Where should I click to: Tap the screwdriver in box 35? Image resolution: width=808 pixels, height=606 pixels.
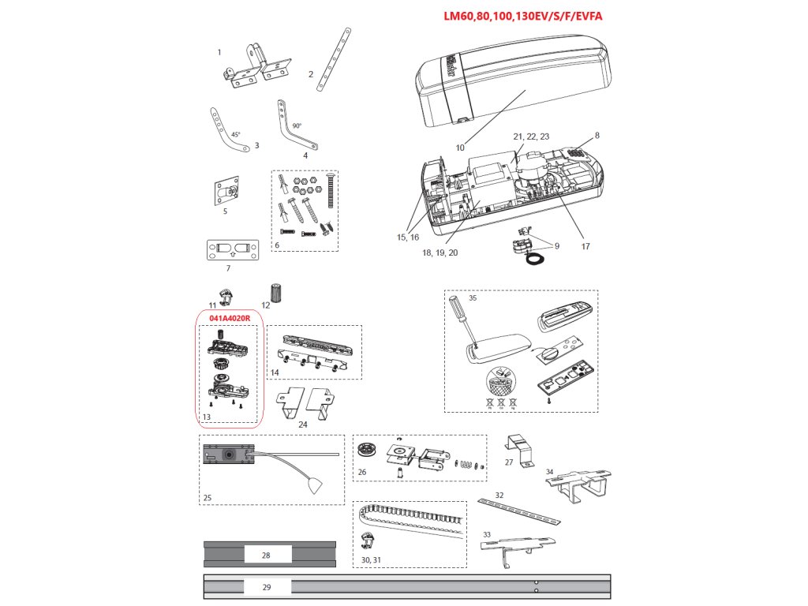click(462, 320)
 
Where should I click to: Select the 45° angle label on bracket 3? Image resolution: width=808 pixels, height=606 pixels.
click(235, 135)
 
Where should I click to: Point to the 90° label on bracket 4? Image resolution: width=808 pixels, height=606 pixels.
click(297, 125)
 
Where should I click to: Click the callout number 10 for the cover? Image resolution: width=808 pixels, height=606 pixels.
click(460, 147)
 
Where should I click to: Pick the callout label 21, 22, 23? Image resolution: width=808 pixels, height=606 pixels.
click(530, 137)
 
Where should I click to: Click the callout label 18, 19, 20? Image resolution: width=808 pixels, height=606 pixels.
click(440, 252)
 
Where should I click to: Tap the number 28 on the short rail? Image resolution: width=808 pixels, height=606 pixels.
click(266, 555)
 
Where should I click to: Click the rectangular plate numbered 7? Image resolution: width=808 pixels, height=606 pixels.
click(232, 250)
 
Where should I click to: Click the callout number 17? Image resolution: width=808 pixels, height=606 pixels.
click(585, 245)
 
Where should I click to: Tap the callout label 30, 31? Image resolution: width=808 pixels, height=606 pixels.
click(372, 559)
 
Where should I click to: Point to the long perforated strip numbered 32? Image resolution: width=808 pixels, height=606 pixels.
click(519, 511)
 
